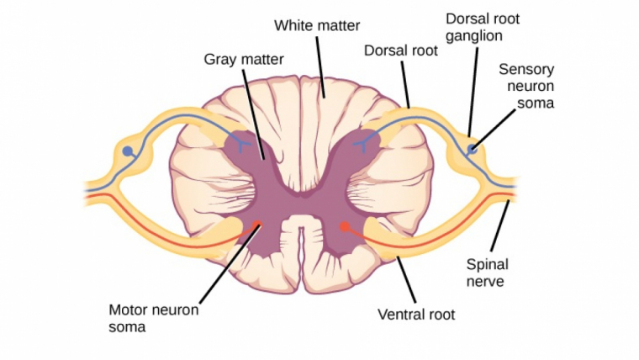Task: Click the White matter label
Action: (317, 26)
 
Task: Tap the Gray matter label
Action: (244, 60)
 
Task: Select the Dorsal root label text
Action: (401, 50)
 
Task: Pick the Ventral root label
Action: (416, 315)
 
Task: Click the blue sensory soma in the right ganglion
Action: (473, 150)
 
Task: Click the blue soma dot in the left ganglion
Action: (128, 151)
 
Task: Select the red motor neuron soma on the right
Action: (343, 225)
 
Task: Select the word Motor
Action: (129, 309)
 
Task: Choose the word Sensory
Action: (526, 69)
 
